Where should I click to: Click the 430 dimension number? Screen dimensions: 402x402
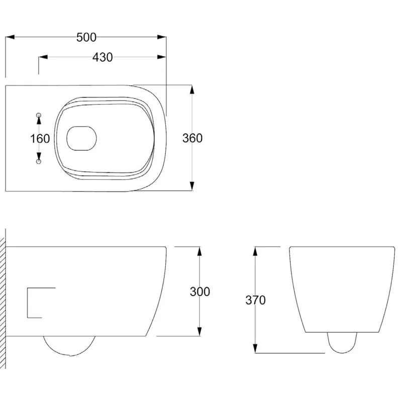(x=102, y=57)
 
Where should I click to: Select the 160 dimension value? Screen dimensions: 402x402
(x=40, y=138)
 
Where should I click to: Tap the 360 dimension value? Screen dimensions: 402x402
(x=192, y=138)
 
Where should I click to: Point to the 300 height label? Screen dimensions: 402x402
(x=200, y=291)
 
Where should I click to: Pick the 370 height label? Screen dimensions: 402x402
(x=256, y=300)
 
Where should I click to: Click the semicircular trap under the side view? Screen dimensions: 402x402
(x=69, y=344)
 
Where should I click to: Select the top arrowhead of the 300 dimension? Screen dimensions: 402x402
(x=200, y=250)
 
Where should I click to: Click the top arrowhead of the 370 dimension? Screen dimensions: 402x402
(x=256, y=250)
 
